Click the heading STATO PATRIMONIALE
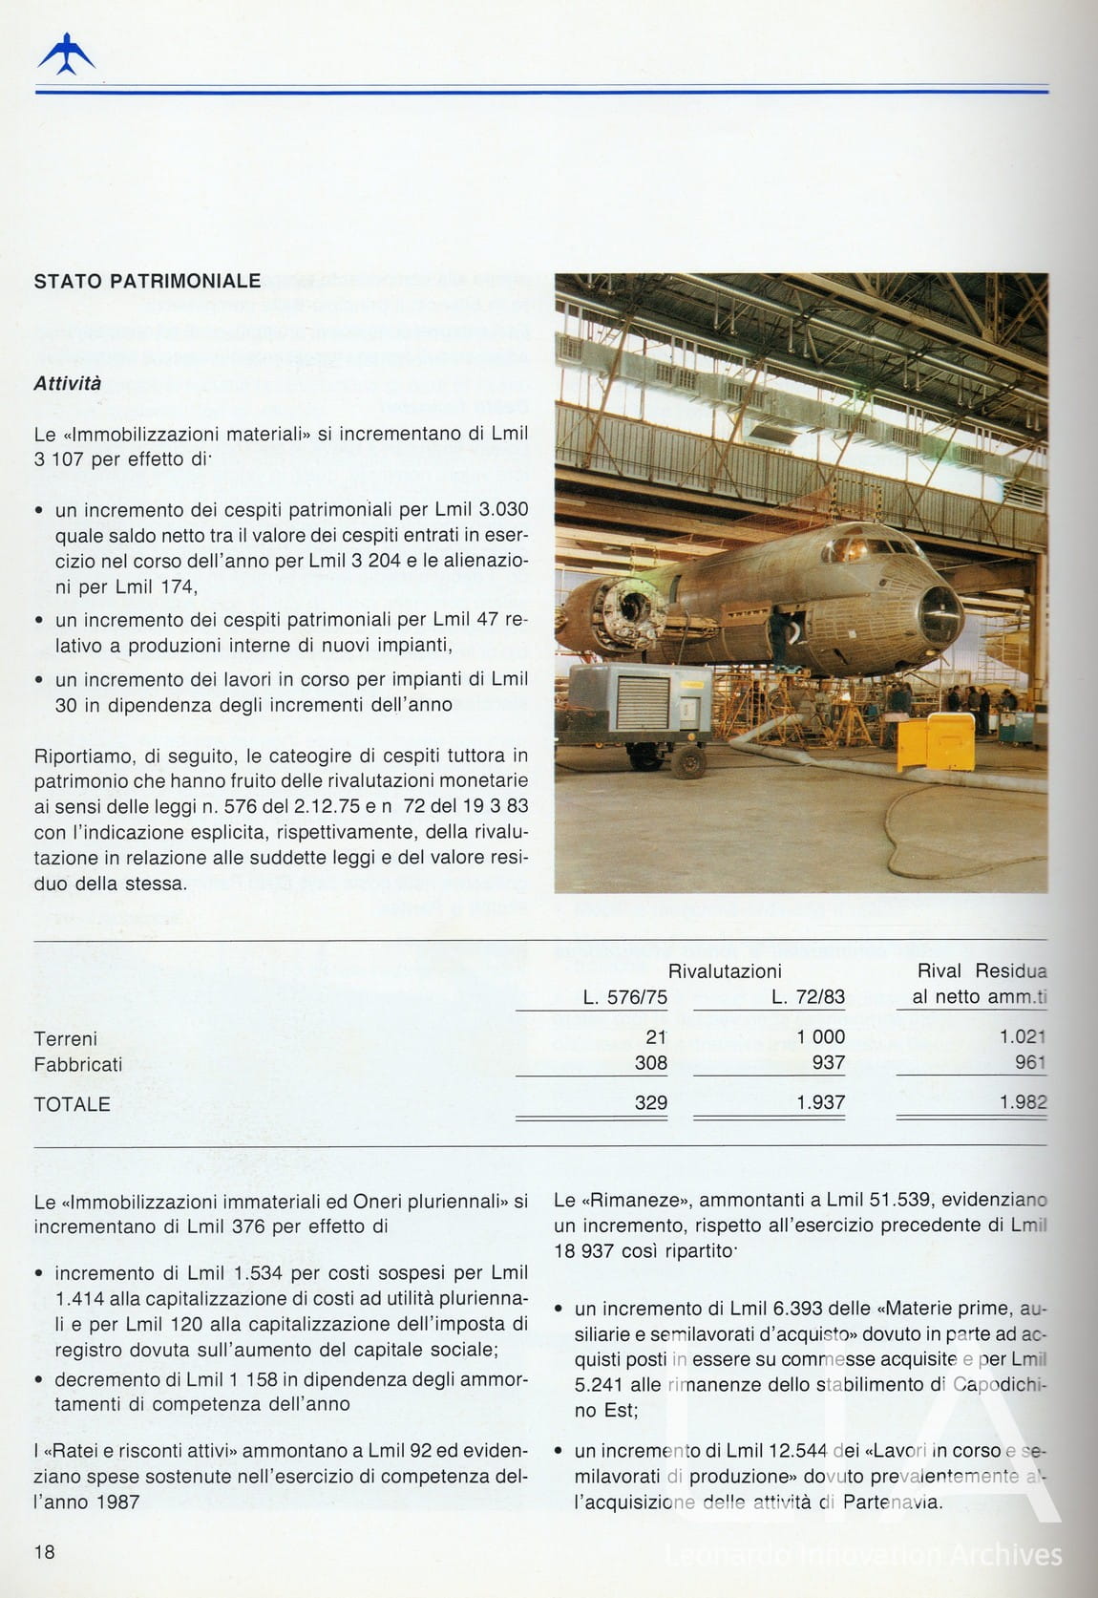click(x=147, y=282)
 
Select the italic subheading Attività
click(x=68, y=384)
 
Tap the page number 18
click(x=45, y=1552)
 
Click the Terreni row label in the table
click(x=65, y=1038)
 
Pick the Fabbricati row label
click(x=78, y=1064)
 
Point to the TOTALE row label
click(x=72, y=1104)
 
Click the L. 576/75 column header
click(x=624, y=997)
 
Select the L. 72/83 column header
click(x=808, y=997)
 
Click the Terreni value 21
click(x=656, y=1037)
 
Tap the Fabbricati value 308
click(x=651, y=1063)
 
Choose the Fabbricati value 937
click(x=829, y=1063)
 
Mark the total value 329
click(x=651, y=1103)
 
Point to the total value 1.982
click(x=1023, y=1102)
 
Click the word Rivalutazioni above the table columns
click(x=725, y=971)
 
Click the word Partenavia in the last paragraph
click(x=891, y=1502)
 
